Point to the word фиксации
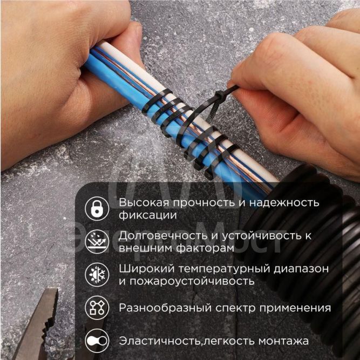pyautogui.click(x=140, y=215)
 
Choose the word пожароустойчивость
pyautogui.click(x=191, y=281)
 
